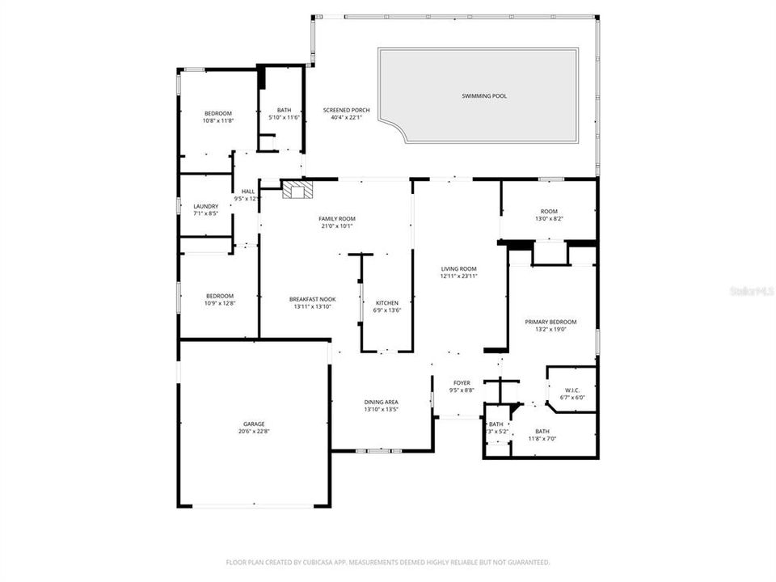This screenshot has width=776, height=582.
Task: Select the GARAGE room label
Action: click(255, 424)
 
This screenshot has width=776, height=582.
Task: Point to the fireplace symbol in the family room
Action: click(296, 190)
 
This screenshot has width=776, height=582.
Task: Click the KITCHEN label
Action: click(387, 302)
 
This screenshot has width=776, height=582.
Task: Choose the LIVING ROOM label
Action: click(458, 268)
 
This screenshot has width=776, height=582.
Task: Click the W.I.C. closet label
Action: click(573, 389)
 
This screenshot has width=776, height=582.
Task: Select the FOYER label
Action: click(462, 383)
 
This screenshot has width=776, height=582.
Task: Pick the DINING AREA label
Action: click(381, 402)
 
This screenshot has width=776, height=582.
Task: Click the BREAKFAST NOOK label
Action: click(312, 299)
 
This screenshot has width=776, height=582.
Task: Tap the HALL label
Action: click(247, 192)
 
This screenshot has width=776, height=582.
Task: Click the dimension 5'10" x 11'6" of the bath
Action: click(284, 118)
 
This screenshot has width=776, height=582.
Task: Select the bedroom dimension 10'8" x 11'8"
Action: click(217, 120)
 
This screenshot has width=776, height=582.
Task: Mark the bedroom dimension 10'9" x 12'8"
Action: click(219, 303)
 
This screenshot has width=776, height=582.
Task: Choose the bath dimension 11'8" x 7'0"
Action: click(542, 439)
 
